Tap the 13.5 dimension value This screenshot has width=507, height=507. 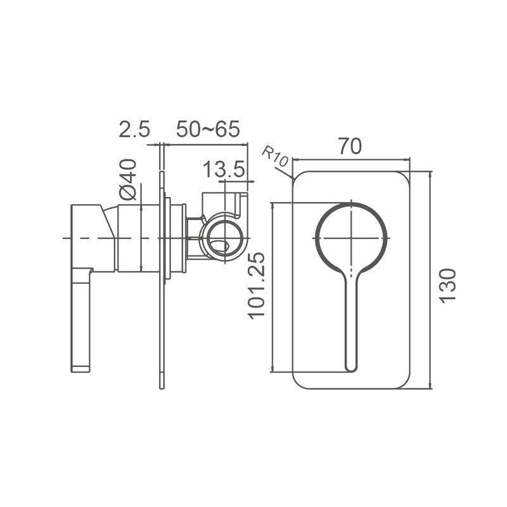click(x=224, y=169)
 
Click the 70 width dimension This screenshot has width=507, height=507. click(x=350, y=146)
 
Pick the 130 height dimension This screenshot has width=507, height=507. click(x=448, y=285)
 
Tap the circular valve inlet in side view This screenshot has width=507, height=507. click(x=223, y=237)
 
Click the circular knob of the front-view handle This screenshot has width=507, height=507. click(x=350, y=238)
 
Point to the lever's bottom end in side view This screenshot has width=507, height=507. click(x=80, y=368)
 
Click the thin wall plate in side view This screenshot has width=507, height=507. click(x=162, y=317)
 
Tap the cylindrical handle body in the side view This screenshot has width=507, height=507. click(x=138, y=238)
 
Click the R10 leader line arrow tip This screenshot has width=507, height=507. click(x=293, y=178)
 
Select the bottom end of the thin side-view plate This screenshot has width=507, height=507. click(x=162, y=386)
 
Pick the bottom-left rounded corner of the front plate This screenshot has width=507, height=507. click(x=298, y=383)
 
